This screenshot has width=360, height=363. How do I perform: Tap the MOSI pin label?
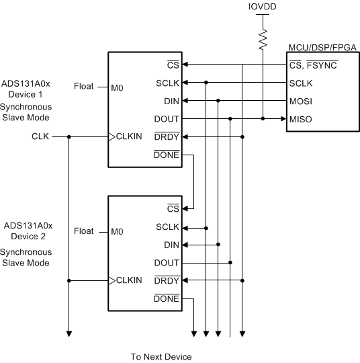point(301,101)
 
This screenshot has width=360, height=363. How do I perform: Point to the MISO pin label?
point(301,119)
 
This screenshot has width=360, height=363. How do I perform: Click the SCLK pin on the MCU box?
point(302,83)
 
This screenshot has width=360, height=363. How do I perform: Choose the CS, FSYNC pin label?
point(312,65)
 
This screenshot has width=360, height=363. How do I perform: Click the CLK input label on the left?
point(40,136)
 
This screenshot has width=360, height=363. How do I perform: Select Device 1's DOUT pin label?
point(167,119)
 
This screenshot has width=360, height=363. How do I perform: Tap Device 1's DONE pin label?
point(167,155)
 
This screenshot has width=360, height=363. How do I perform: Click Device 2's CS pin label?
point(173,209)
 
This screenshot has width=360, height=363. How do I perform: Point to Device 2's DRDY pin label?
point(167,280)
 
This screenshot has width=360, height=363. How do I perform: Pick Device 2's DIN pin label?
point(172,245)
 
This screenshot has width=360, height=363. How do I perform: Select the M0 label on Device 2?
point(118,231)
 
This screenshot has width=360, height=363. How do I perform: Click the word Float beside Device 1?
point(84,87)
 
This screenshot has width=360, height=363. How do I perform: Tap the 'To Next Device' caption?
point(161,356)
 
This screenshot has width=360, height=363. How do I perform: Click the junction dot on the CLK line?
point(69,136)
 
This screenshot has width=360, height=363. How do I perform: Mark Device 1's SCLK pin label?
point(168,83)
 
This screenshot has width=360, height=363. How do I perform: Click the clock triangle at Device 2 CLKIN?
point(112,280)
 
